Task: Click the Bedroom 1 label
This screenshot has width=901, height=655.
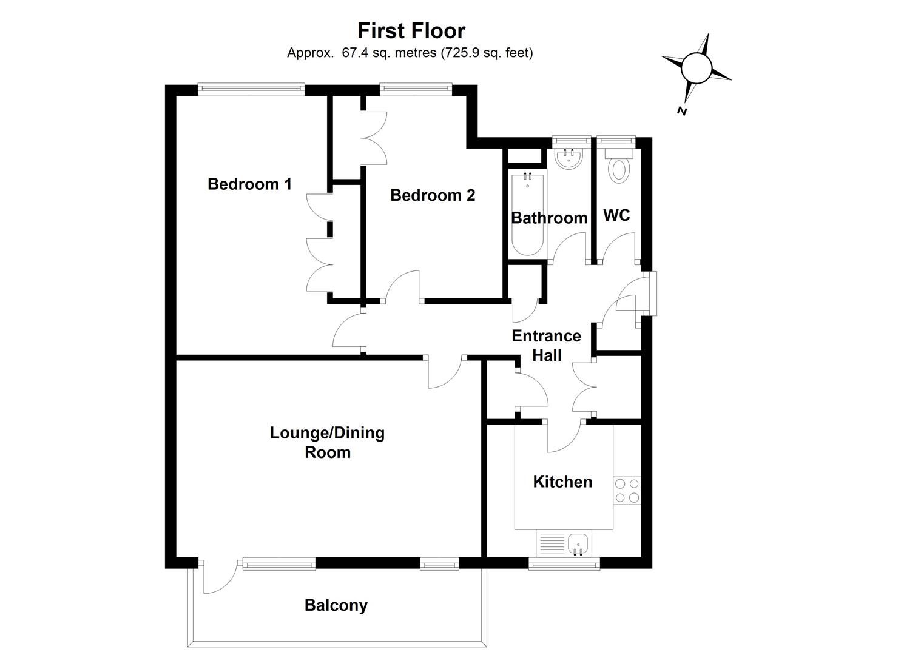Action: [249, 184]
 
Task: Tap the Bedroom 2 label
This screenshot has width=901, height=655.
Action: [432, 195]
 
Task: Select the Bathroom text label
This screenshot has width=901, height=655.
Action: [549, 218]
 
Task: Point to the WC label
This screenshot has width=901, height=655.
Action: [616, 215]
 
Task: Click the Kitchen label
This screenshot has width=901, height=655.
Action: [562, 482]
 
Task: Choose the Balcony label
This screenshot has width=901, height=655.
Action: [336, 605]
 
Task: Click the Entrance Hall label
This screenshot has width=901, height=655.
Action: [546, 345]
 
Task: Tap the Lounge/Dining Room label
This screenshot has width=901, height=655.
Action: [327, 442]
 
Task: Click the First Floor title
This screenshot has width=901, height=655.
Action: [411, 30]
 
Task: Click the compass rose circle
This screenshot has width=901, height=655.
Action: [696, 67]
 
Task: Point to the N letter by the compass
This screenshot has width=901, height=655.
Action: [682, 111]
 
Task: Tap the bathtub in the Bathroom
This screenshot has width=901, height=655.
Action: [528, 215]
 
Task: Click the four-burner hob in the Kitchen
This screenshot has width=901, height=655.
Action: [627, 491]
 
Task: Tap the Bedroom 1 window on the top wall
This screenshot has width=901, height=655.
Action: [251, 89]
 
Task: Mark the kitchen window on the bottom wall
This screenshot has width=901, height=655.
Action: [564, 564]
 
